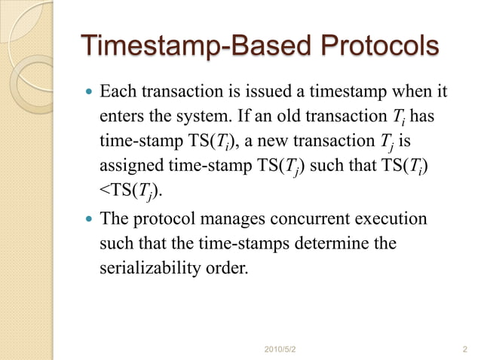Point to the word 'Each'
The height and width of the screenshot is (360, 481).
[118, 94]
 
